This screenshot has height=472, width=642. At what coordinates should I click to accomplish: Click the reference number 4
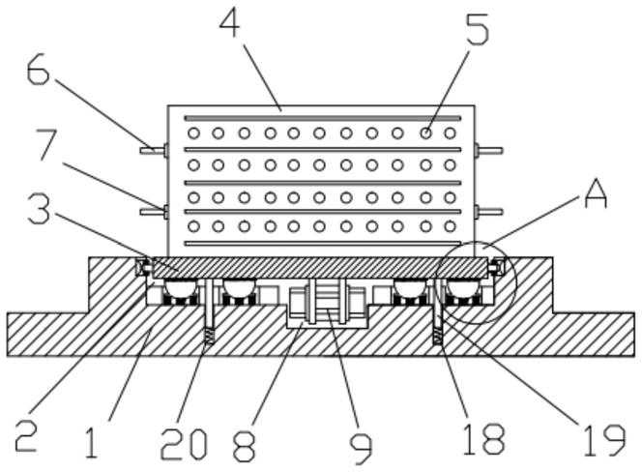coord(229,24)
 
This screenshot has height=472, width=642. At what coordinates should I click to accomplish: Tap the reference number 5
coord(478,29)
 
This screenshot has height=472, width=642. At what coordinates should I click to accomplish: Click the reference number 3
coord(40,209)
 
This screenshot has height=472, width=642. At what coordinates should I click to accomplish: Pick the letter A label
coord(596,195)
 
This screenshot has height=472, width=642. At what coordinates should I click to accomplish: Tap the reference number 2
coord(26,437)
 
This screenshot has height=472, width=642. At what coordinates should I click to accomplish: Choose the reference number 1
coord(91,442)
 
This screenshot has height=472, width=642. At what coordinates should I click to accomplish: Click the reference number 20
coord(184,444)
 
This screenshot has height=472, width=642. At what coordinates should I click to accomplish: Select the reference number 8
coord(245,446)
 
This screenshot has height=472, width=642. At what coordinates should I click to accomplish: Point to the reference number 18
coord(484,439)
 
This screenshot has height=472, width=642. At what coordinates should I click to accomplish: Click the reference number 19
coord(604,441)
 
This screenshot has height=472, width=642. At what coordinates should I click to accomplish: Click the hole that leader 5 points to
coord(425,133)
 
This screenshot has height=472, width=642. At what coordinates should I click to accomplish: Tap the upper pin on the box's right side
coord(489,150)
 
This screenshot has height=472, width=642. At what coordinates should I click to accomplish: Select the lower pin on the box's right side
coord(489,212)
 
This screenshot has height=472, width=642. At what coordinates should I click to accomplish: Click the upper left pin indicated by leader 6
coord(154,150)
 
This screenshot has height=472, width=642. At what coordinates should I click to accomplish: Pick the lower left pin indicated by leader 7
coord(154,212)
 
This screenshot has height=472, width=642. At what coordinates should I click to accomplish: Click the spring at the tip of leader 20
coord(209,337)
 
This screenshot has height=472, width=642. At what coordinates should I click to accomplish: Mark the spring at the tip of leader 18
coord(438,337)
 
